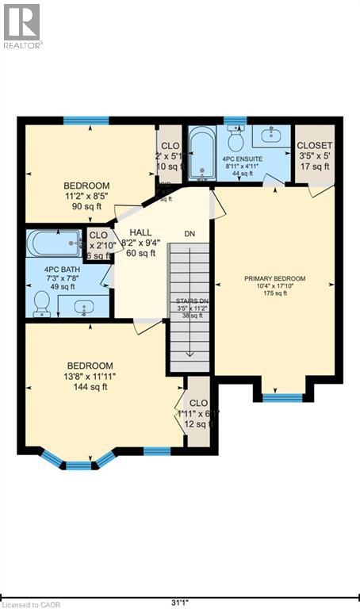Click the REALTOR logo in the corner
22,25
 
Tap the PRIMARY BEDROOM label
274,278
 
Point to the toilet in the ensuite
235,140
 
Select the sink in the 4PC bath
83,305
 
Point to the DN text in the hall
190,234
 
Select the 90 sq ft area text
87,207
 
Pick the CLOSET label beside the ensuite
315,146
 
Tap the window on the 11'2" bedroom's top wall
86,121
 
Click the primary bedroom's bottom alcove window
282,396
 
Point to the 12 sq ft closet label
197,424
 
